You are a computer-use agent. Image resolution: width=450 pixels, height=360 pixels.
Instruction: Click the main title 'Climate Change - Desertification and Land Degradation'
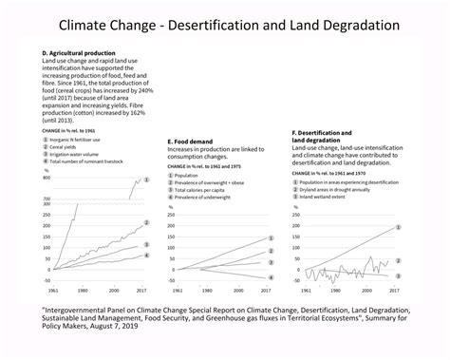click(225, 21)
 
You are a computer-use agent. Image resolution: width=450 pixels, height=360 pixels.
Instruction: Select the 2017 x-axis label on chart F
click(391, 289)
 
